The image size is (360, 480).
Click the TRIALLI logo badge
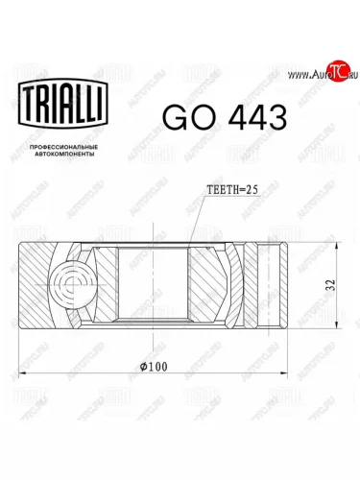pyautogui.click(x=63, y=103)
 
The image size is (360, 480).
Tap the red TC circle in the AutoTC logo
pyautogui.click(x=339, y=70)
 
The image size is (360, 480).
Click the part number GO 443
pyautogui.click(x=225, y=117)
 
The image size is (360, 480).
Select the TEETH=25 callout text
pyautogui.click(x=232, y=190)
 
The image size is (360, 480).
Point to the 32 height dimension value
pyautogui.click(x=331, y=285)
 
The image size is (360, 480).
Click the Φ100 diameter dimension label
pyautogui.click(x=154, y=367)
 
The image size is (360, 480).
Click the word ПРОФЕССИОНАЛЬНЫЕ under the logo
pyautogui.click(x=63, y=148)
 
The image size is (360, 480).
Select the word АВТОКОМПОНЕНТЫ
pyautogui.click(x=63, y=155)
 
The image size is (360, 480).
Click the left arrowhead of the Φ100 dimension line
pyautogui.click(x=22, y=373)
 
